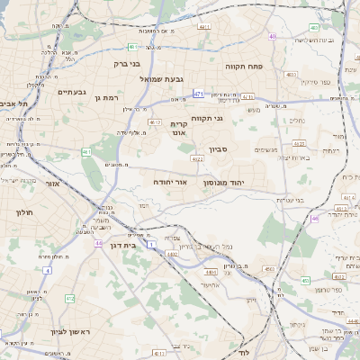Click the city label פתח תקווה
point(268,66)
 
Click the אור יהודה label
point(171,183)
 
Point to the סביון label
point(220,149)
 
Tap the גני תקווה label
point(206,119)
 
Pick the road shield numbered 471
point(198,93)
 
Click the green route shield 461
point(86,152)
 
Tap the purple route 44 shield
point(97,242)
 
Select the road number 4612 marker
point(155,122)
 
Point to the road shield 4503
point(268,268)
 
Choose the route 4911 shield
point(204,27)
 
